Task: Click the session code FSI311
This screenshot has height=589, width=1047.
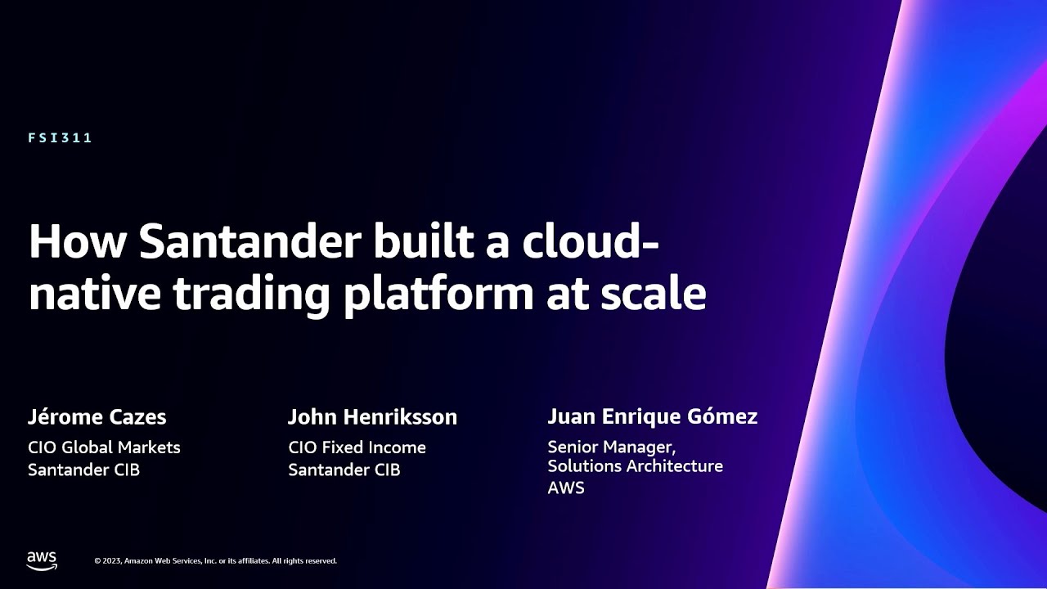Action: point(60,138)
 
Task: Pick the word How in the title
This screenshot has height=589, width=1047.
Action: point(76,241)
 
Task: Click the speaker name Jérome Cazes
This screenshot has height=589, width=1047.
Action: point(97,417)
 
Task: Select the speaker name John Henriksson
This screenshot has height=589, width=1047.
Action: point(372,417)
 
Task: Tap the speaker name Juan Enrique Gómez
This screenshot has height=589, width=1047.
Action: point(652,417)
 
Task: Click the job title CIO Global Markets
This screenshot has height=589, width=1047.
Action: point(104,447)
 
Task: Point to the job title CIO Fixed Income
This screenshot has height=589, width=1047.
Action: point(357,447)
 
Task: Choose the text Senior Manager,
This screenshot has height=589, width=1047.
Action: point(611,447)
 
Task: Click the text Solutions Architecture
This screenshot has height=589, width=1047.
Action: point(635,466)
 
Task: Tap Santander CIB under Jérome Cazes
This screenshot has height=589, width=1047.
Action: point(83,470)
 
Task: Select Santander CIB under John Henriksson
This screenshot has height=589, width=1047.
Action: point(344,470)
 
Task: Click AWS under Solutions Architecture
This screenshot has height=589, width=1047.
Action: point(566,488)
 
